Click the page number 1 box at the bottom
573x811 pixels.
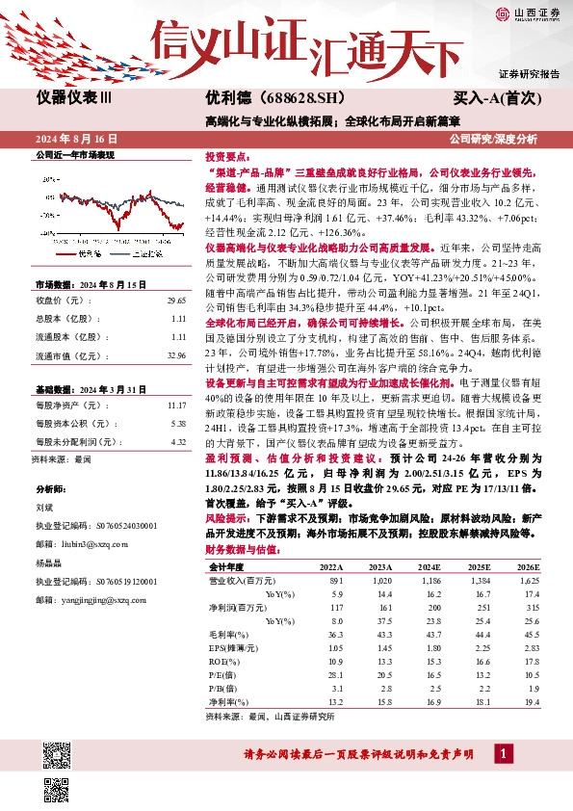tap(501, 751)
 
